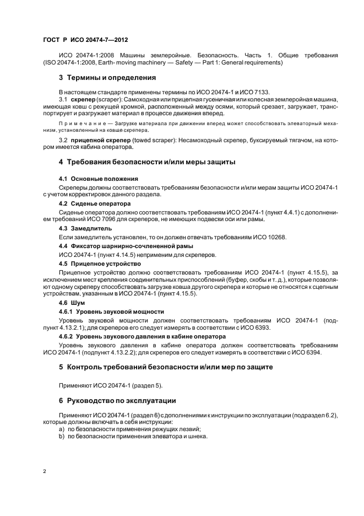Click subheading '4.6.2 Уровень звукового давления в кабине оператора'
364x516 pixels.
point(142,336)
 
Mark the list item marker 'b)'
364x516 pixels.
point(61,436)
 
